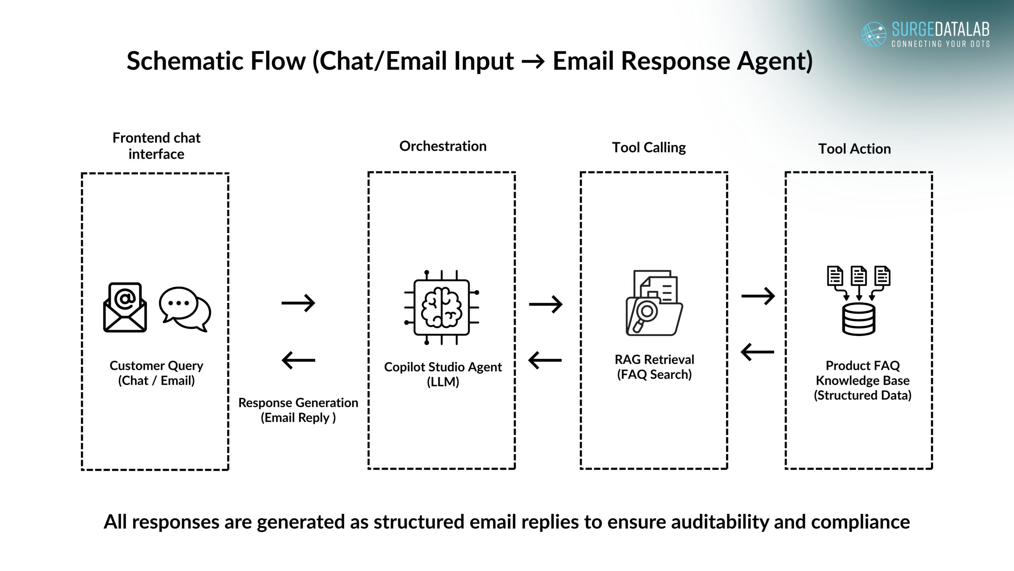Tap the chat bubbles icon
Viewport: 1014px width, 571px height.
pos(185,309)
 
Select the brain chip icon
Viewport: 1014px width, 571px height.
pos(442,307)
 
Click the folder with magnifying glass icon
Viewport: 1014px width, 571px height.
pos(654,303)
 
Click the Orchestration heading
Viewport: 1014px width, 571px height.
pos(443,146)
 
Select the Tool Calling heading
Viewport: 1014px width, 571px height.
pos(649,148)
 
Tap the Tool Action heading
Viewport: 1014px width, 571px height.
pos(854,149)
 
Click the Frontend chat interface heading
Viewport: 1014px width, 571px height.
pos(156,146)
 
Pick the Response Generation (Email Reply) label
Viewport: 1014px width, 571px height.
pos(298,410)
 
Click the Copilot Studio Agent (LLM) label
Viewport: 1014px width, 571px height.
pos(443,374)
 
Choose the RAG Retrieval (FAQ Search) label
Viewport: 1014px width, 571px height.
pos(654,367)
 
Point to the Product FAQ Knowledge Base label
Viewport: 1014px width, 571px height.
pos(863,380)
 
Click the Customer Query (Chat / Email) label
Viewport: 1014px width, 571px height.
pos(156,373)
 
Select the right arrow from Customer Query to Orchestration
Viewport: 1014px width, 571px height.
pos(298,303)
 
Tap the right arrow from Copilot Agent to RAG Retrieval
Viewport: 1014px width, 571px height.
pos(545,305)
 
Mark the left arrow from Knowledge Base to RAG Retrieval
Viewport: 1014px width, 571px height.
pos(757,352)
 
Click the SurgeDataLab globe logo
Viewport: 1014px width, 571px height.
pos(874,34)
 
